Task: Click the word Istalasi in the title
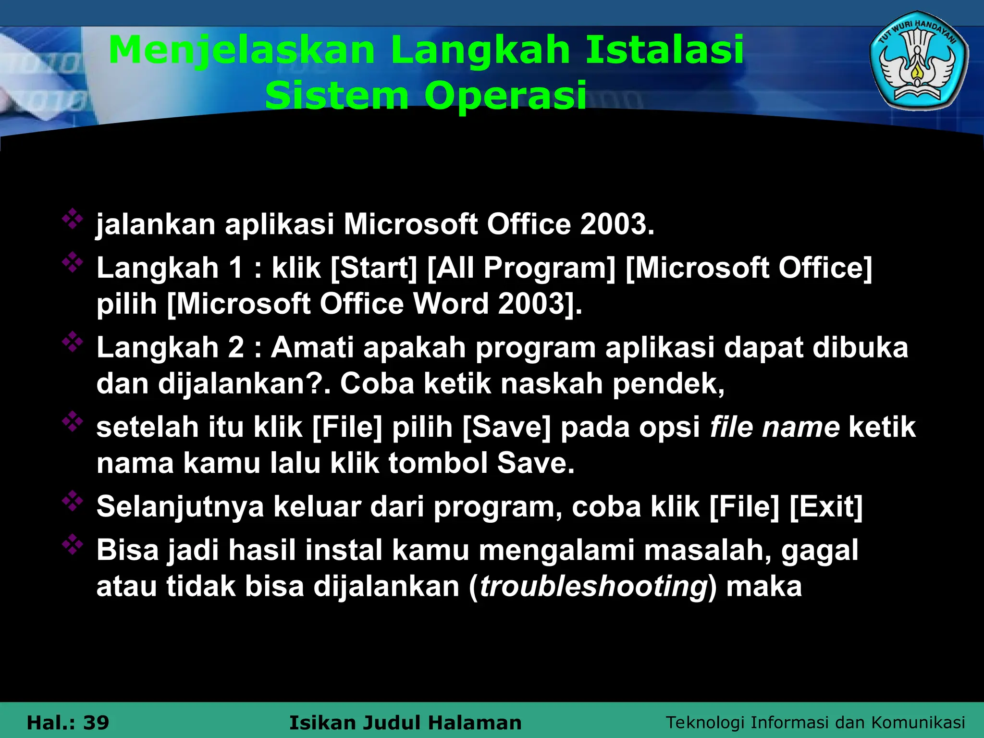664,50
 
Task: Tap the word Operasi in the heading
505,95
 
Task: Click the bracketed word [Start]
374,268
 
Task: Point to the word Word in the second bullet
451,304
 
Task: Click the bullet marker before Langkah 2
73,342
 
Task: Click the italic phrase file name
775,427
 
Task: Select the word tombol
438,463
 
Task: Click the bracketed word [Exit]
826,506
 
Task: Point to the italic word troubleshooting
594,587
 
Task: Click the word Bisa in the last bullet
127,550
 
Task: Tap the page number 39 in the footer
96,723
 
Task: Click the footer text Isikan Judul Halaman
405,723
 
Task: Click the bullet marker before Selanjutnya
73,502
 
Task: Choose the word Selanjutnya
180,507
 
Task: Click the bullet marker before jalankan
73,219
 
